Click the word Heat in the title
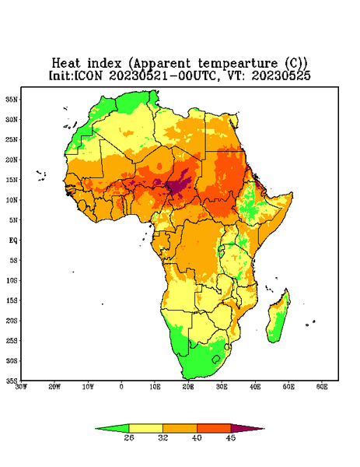point(66,63)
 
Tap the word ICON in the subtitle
point(88,75)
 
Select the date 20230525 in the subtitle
point(281,75)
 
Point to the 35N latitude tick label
point(12,100)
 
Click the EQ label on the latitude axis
point(13,240)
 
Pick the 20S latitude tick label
point(12,321)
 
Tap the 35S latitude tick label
point(12,381)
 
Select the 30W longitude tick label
point(22,387)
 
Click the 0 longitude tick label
point(121,387)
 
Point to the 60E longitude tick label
point(322,387)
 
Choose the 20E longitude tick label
point(188,387)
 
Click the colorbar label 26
point(129,437)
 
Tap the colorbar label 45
point(231,437)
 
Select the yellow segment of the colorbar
point(145,429)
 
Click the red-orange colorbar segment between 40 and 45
point(214,429)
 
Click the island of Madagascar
point(278,318)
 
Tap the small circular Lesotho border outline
point(215,359)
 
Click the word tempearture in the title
point(238,64)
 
